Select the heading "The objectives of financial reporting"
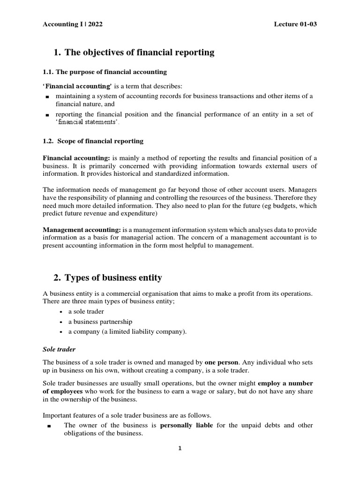click(x=139, y=52)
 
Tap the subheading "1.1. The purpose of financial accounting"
click(x=105, y=72)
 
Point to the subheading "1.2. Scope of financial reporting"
click(x=93, y=141)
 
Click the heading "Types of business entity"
click(x=113, y=277)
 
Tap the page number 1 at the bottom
click(x=180, y=448)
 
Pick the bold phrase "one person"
click(x=222, y=362)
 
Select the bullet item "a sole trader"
click(x=86, y=311)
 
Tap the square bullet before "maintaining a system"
click(x=47, y=97)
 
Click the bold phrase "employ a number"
click(x=285, y=383)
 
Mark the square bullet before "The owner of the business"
click(x=49, y=426)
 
